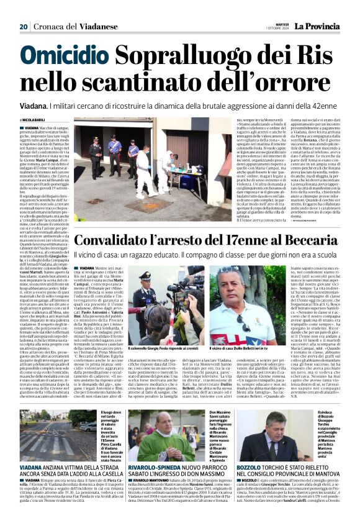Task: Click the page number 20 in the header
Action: [x=24, y=27]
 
